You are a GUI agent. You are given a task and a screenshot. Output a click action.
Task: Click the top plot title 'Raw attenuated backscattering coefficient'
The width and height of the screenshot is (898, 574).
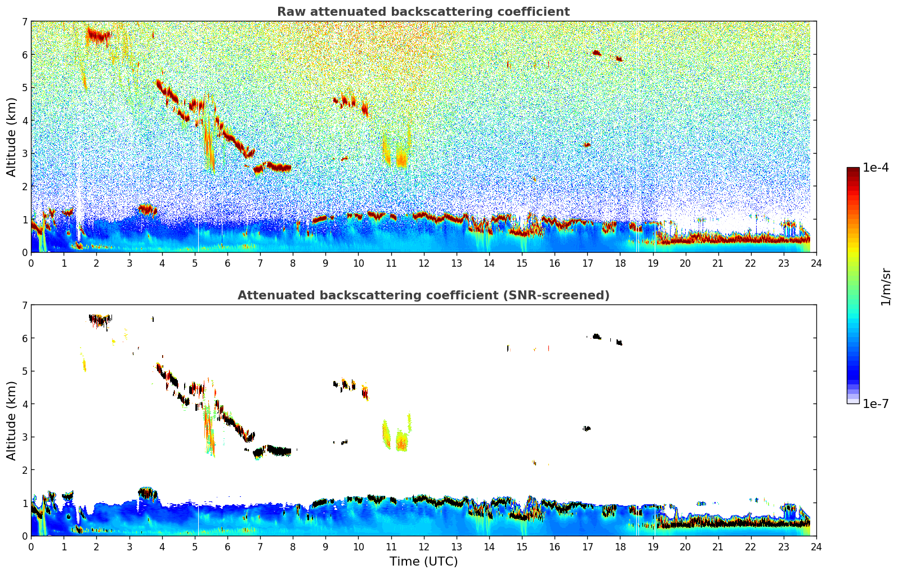click(423, 12)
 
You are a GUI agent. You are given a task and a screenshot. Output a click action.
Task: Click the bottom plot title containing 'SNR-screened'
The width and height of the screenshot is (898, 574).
click(423, 295)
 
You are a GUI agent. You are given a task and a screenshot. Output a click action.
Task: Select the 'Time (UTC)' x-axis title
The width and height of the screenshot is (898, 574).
click(423, 562)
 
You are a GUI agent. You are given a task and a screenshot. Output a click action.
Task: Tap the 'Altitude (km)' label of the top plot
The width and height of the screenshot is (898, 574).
click(11, 137)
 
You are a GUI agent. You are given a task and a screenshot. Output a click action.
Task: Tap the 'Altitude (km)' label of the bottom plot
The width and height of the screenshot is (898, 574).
click(11, 420)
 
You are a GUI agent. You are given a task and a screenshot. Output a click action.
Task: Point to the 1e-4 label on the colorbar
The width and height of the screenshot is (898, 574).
click(875, 168)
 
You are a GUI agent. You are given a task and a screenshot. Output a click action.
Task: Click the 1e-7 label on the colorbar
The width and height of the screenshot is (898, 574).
click(875, 403)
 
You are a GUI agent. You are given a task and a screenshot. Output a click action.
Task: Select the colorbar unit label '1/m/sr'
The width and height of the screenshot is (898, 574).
click(886, 286)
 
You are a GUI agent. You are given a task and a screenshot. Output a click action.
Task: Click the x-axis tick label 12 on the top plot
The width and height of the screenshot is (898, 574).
click(423, 263)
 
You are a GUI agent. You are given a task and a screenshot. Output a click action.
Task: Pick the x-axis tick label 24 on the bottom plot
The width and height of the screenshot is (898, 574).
click(816, 546)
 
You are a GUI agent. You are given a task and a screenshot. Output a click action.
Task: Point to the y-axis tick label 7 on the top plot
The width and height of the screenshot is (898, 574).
click(24, 22)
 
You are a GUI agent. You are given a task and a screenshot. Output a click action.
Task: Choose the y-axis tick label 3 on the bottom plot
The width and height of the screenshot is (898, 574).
click(24, 437)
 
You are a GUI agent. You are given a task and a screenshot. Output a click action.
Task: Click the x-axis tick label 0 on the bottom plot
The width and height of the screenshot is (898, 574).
click(31, 546)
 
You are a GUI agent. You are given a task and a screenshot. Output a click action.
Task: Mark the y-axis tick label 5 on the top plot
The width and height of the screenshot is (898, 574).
click(24, 88)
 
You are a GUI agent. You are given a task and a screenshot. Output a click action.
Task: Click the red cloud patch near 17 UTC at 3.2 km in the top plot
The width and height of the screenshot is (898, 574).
click(587, 145)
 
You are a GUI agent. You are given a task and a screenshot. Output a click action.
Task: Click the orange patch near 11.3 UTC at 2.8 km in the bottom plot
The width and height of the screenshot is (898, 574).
click(401, 443)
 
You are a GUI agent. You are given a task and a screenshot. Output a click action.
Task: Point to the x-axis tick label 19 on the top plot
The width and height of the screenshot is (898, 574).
click(653, 263)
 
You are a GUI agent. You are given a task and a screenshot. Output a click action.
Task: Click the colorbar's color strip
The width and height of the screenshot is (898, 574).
click(852, 285)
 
